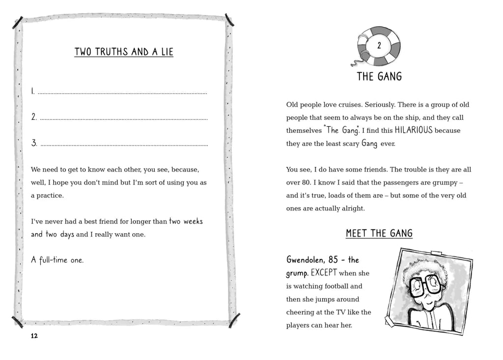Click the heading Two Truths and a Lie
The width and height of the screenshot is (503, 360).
click(124, 52)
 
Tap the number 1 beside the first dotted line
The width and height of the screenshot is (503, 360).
click(33, 91)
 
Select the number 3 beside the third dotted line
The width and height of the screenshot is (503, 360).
click(34, 143)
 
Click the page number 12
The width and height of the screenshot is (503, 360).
click(34, 336)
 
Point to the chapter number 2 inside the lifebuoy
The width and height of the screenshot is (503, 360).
click(379, 46)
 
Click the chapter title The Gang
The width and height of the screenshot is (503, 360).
click(379, 76)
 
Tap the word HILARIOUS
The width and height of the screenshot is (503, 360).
click(414, 131)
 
